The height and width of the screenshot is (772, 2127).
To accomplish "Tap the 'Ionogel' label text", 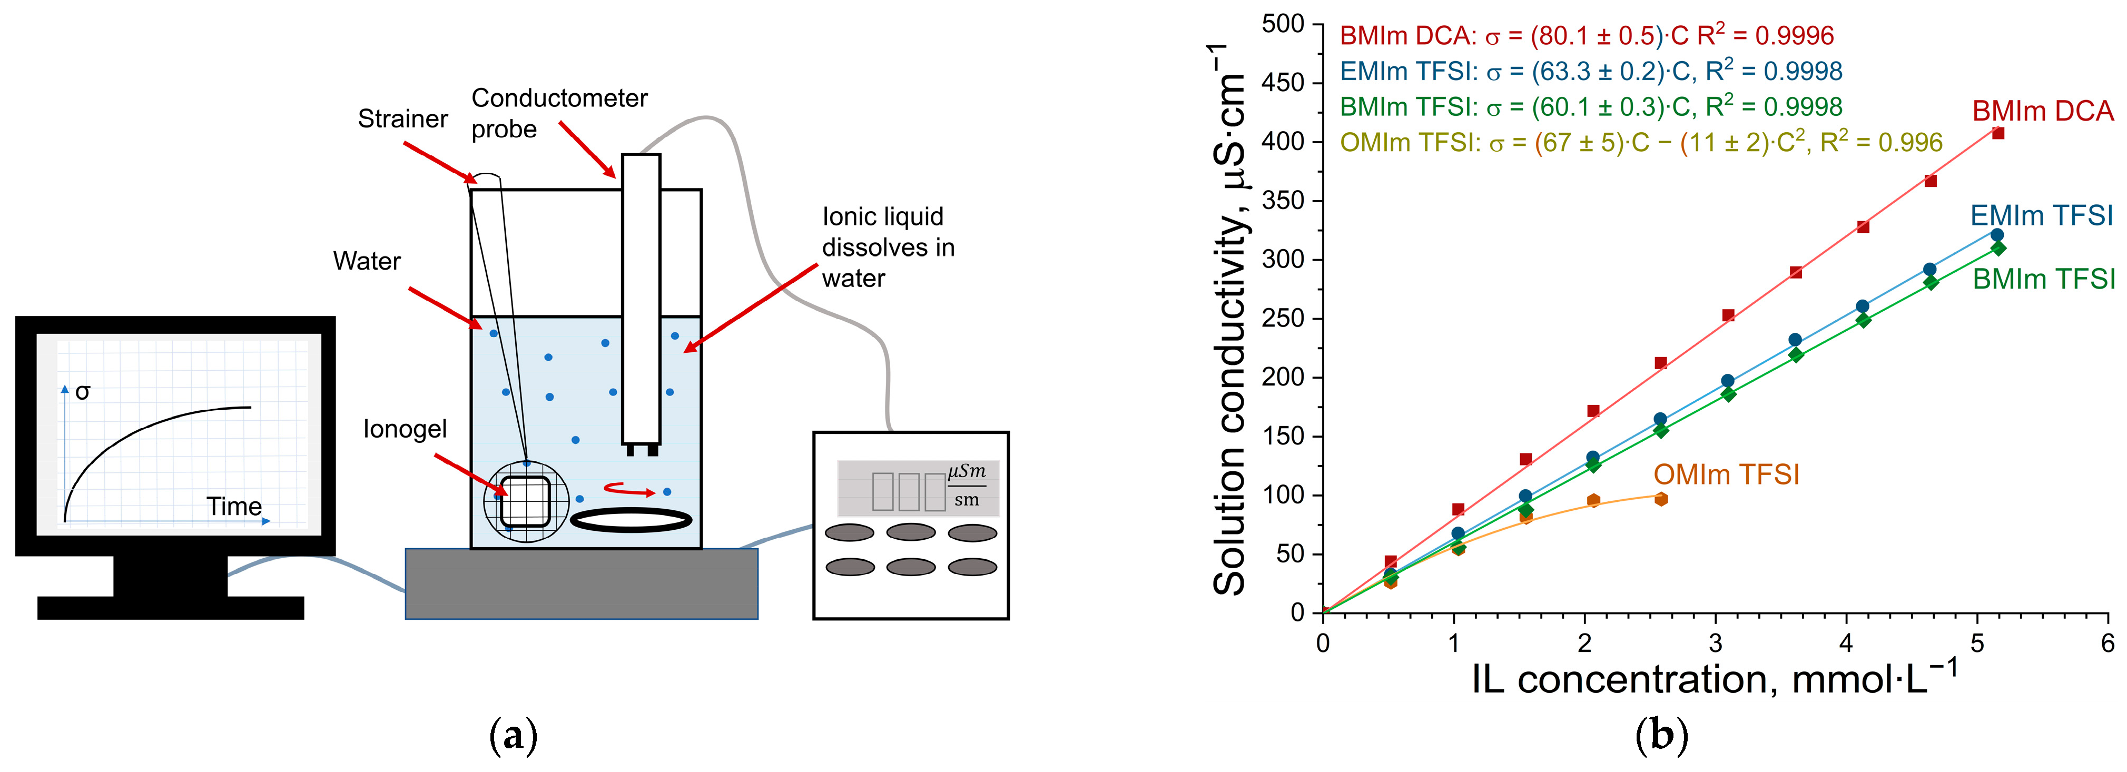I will coord(405,429).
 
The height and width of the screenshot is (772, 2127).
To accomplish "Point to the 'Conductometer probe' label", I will coord(558,113).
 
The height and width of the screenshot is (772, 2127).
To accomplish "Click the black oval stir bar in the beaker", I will coord(631,519).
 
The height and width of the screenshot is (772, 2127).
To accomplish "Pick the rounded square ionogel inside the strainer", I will coord(524,501).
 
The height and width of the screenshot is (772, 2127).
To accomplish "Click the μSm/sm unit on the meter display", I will coord(966,486).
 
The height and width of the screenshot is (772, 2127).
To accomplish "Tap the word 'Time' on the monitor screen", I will coord(234,506).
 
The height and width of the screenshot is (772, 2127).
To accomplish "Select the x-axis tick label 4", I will coord(1846,643).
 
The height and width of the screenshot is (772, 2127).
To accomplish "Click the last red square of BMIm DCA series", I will coord(1998,133).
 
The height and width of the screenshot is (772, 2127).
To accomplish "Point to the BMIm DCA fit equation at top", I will coord(1586,35).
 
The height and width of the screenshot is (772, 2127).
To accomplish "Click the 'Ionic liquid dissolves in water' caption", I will coord(888,248).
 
